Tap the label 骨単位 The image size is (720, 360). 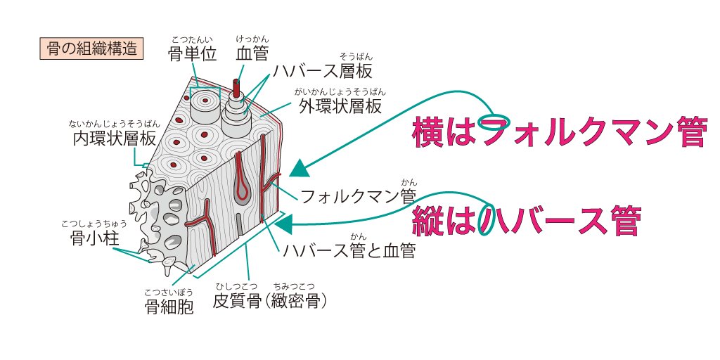192,53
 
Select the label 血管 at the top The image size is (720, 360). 252,53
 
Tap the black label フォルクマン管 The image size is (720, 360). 359,195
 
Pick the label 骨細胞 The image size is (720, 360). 169,307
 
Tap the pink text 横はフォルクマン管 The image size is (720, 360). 558,132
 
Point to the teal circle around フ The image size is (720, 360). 491,122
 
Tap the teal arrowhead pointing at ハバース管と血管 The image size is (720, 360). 284,224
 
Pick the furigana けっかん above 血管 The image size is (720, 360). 252,39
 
